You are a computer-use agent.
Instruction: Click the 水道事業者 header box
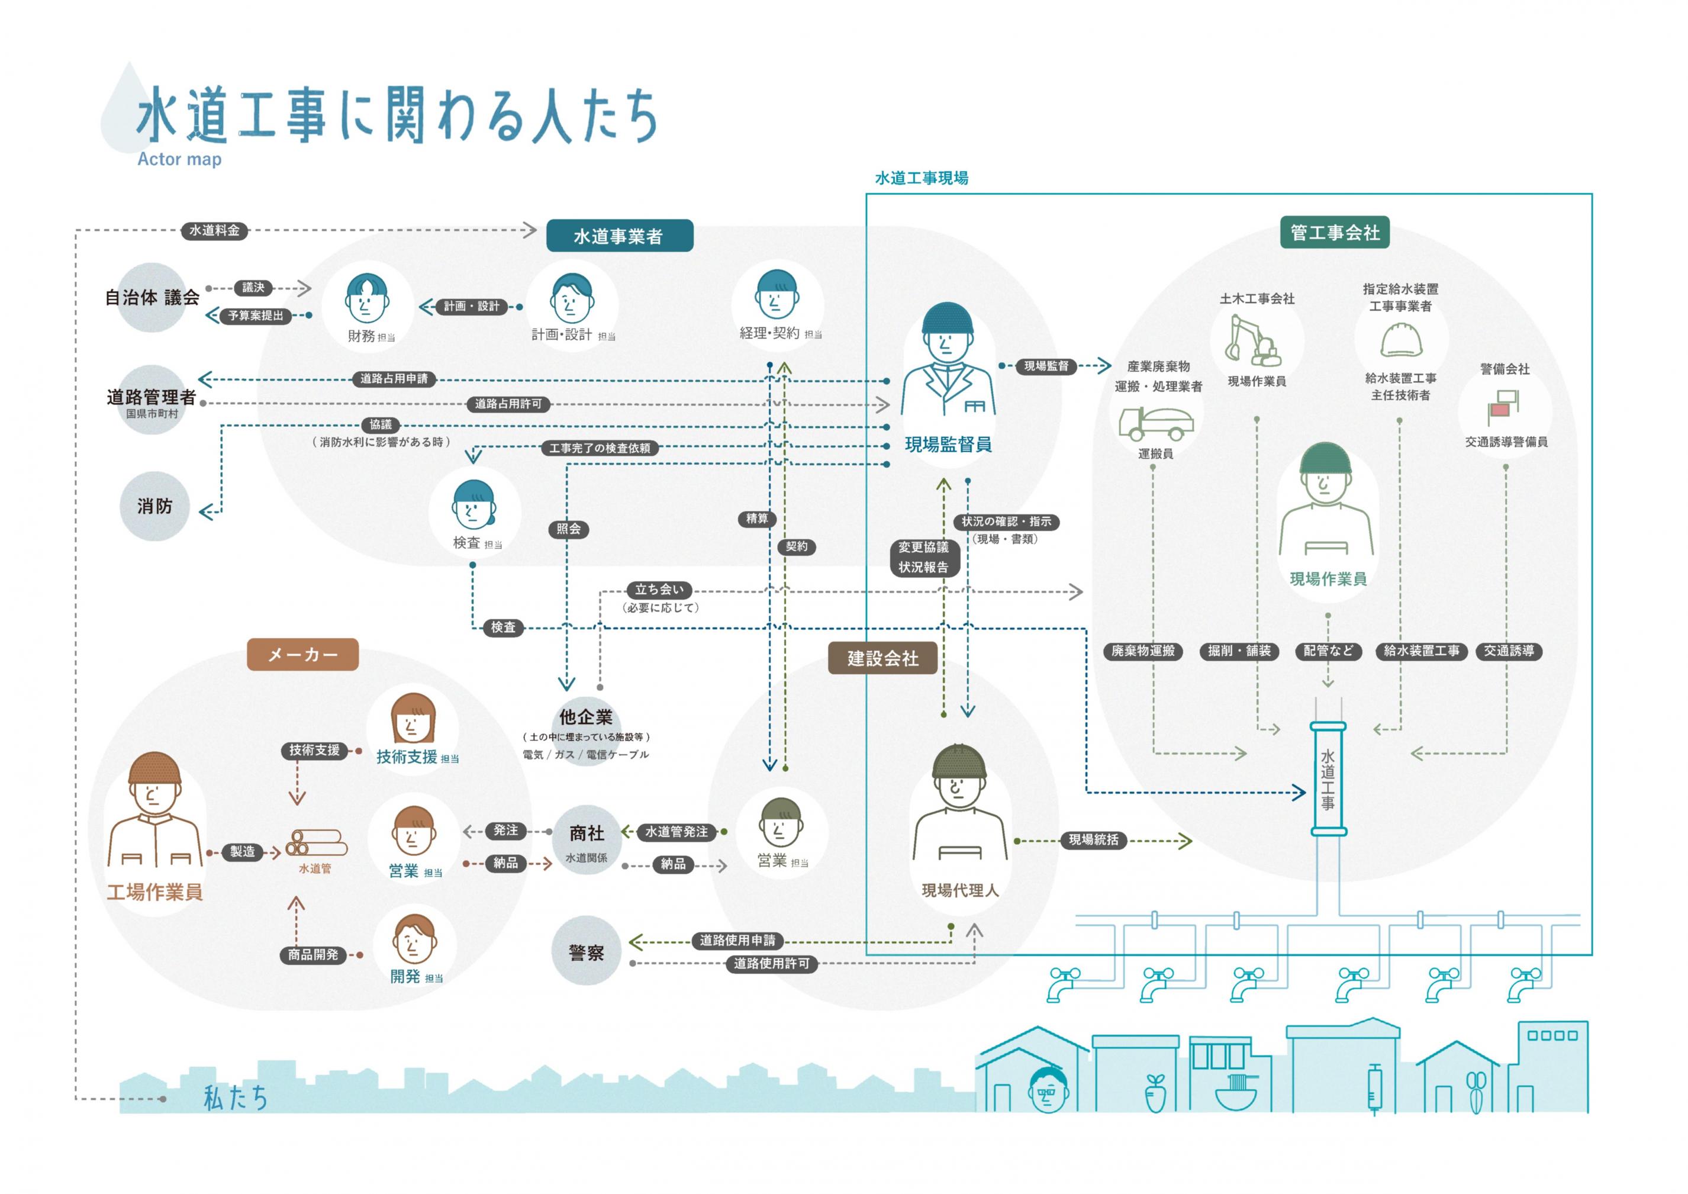click(x=619, y=236)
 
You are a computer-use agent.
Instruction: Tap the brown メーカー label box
click(x=302, y=654)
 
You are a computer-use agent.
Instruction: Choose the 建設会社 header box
click(x=882, y=658)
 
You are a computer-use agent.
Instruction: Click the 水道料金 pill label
click(x=214, y=231)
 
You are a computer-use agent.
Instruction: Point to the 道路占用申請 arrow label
click(x=394, y=379)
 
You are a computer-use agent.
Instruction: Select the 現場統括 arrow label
click(x=1093, y=839)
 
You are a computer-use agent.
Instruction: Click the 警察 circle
click(x=586, y=952)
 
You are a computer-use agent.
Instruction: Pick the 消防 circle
click(x=154, y=507)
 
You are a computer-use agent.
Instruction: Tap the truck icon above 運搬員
click(x=1155, y=422)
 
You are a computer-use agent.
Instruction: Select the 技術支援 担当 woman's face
click(x=412, y=724)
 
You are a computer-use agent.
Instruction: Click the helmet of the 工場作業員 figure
click(x=154, y=769)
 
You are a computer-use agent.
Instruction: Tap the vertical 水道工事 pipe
click(x=1328, y=780)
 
